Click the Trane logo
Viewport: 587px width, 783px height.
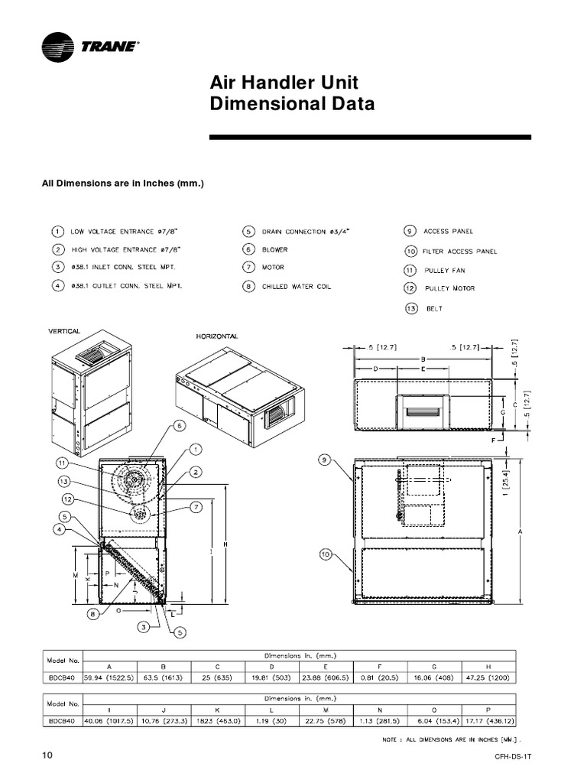[x=90, y=47]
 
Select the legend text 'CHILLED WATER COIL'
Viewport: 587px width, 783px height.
[x=297, y=287]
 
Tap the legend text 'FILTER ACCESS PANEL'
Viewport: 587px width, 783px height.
[x=459, y=251]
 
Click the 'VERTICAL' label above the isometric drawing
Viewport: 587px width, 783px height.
[x=64, y=331]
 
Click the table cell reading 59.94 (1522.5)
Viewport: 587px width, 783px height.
[x=109, y=677]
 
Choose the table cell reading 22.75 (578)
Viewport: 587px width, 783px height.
[x=326, y=720]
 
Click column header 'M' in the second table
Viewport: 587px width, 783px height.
[x=326, y=710]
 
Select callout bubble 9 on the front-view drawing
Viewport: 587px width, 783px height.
[x=325, y=460]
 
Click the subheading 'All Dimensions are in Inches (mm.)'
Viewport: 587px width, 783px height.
[x=122, y=184]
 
